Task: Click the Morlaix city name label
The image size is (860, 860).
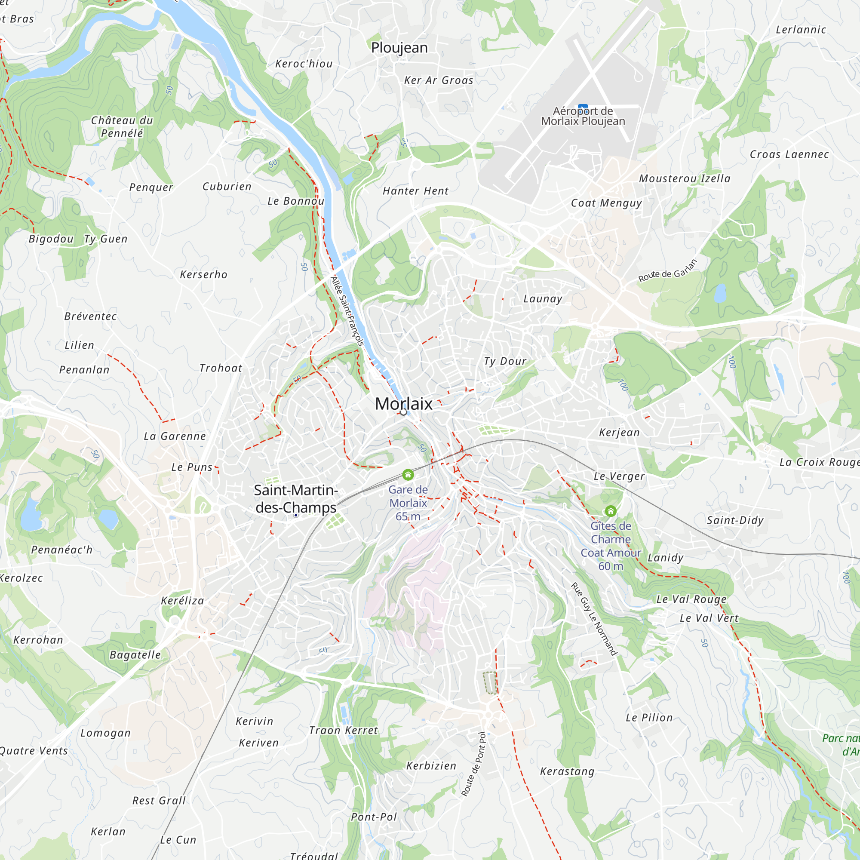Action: (x=403, y=404)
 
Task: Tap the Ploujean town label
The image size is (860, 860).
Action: (x=399, y=48)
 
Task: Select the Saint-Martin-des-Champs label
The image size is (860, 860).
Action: (x=295, y=498)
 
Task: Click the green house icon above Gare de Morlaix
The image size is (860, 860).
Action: (x=408, y=475)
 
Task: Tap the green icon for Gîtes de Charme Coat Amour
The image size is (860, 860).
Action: (x=611, y=511)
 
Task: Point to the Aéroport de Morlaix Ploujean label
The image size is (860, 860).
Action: (x=583, y=116)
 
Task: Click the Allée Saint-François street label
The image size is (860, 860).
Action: (x=347, y=311)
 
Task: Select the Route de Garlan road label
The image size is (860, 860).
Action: (x=667, y=270)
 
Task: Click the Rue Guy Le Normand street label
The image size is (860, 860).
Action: (x=594, y=619)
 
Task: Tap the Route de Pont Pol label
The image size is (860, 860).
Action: (x=473, y=764)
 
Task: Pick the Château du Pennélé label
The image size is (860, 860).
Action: (x=122, y=127)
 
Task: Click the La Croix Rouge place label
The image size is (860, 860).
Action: (x=819, y=462)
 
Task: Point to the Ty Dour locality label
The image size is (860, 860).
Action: (x=505, y=362)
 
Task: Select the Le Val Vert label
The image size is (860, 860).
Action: (x=709, y=618)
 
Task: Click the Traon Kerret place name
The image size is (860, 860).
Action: (x=343, y=731)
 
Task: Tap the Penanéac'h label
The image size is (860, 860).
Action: (x=62, y=550)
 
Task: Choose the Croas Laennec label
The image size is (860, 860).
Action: (x=789, y=154)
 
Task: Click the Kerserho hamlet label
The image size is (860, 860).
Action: (x=203, y=275)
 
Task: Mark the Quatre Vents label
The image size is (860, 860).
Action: (x=34, y=751)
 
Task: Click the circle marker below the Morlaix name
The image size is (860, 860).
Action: (x=403, y=413)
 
